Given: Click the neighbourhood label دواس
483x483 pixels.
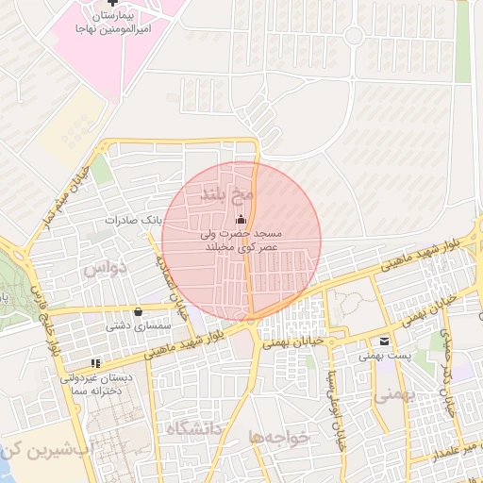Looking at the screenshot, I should pos(104,269).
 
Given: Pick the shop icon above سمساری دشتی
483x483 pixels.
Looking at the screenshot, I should pos(139,311).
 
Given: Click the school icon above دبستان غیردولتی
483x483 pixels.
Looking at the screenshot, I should pos(95,362).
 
